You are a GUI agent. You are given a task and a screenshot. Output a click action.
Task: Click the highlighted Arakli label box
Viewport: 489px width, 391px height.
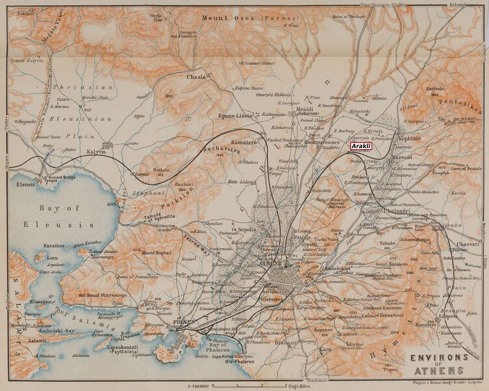[x=362, y=147]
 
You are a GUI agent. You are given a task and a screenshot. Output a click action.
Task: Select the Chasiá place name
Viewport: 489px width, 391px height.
[x=197, y=77]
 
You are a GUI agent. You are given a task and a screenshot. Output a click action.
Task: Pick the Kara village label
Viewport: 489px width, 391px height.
[x=324, y=349]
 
